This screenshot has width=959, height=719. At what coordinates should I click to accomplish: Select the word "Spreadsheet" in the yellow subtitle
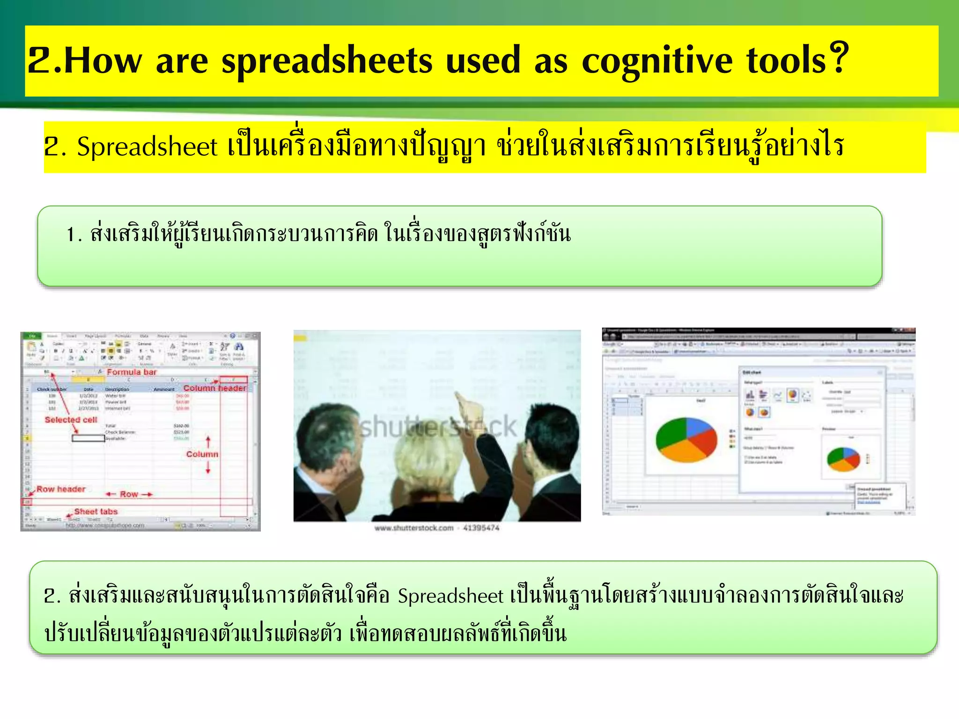pyautogui.click(x=147, y=147)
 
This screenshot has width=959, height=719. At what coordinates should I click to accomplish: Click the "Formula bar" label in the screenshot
pyautogui.click(x=132, y=372)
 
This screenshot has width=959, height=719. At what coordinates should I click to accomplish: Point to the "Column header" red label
pyautogui.click(x=214, y=388)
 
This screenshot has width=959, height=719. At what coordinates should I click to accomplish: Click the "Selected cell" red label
pyautogui.click(x=71, y=420)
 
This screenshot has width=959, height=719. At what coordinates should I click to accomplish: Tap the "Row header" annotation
pyautogui.click(x=61, y=489)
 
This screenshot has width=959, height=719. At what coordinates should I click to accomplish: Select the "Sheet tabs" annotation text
pyautogui.click(x=96, y=512)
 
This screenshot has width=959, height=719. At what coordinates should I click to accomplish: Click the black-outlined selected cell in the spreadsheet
pyautogui.click(x=88, y=439)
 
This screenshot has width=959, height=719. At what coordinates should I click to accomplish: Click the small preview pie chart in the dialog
pyautogui.click(x=843, y=459)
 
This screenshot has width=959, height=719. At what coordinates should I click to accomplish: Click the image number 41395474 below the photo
pyautogui.click(x=481, y=528)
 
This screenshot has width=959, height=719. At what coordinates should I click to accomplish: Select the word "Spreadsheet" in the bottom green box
pyautogui.click(x=450, y=596)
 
